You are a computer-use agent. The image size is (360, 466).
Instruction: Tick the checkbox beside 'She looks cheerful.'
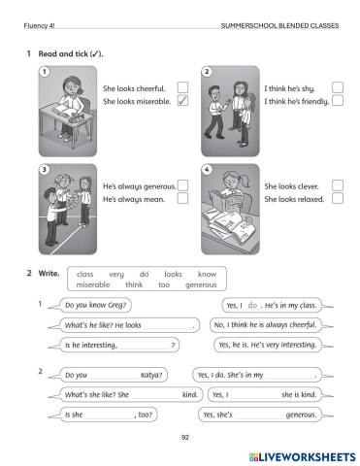coord(182,87)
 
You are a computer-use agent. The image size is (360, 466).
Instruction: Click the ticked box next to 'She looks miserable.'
coord(182,101)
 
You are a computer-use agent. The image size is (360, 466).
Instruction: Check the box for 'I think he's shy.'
coord(338,87)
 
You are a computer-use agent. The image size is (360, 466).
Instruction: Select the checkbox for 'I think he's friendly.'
coord(338,101)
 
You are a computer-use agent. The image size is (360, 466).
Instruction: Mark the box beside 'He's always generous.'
coord(182,185)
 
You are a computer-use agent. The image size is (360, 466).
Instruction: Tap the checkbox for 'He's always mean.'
coord(182,198)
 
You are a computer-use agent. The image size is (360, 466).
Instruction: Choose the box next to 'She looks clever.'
coord(338,185)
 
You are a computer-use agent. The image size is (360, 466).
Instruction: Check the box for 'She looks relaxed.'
coord(338,198)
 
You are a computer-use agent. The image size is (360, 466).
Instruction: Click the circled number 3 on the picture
coord(45,170)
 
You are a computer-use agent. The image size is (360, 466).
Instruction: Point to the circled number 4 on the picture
coord(207,170)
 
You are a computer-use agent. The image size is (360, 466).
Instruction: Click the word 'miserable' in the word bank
coord(93,284)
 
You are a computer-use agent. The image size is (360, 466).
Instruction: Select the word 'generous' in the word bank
coord(201,284)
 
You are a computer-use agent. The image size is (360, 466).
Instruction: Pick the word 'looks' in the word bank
coord(173,274)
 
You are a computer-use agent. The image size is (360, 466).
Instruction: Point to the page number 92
coord(185,438)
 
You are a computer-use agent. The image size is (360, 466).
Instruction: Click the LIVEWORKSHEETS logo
coord(302,457)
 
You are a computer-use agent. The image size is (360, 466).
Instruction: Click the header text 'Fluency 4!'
coord(39,26)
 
